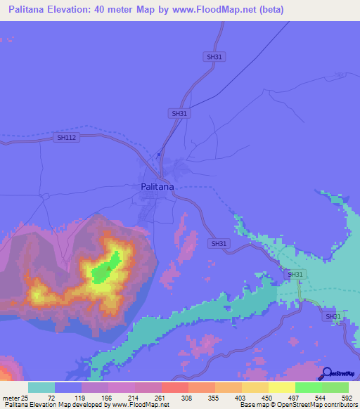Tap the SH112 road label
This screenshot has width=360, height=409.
[x=66, y=138]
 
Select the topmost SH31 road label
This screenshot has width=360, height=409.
[x=214, y=56]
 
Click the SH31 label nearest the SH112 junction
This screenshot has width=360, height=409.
[x=179, y=113]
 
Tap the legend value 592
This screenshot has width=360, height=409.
[x=346, y=398]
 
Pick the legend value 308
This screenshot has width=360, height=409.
[x=187, y=398]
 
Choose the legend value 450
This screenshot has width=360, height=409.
[x=267, y=398]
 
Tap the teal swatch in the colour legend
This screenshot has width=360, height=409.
[x=41, y=387]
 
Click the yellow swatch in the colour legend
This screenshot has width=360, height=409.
[x=281, y=387]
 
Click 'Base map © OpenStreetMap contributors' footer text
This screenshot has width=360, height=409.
[x=296, y=405]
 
